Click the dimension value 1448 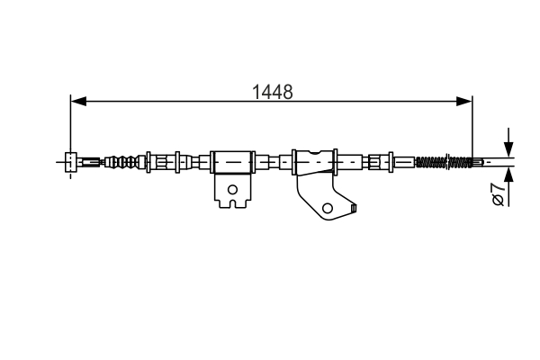[273, 92]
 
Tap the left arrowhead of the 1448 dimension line [78, 102]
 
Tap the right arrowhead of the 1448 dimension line [464, 102]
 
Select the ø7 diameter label [499, 194]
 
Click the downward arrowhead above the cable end [508, 149]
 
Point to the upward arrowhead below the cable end [508, 175]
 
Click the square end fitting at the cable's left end [70, 162]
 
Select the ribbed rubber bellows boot [124, 162]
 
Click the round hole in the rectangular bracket [233, 190]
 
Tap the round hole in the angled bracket [328, 208]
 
